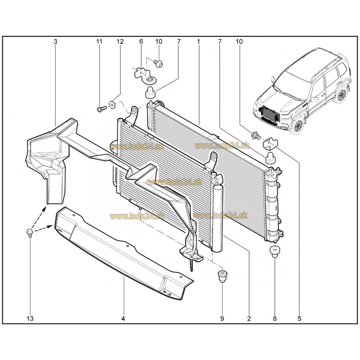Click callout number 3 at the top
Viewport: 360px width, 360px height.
tap(55, 41)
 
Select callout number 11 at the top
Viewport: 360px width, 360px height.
tap(99, 41)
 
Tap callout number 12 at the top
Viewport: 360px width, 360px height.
tap(120, 41)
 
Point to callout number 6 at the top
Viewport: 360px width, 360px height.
tap(141, 41)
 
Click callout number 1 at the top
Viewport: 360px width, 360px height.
tap(198, 41)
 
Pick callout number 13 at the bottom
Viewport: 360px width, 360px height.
tap(30, 319)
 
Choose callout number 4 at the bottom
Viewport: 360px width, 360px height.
tap(123, 319)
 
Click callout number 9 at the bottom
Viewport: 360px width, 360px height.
tap(222, 319)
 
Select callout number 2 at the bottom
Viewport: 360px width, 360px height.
tap(249, 319)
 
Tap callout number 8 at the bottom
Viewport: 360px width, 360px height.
tap(275, 319)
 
